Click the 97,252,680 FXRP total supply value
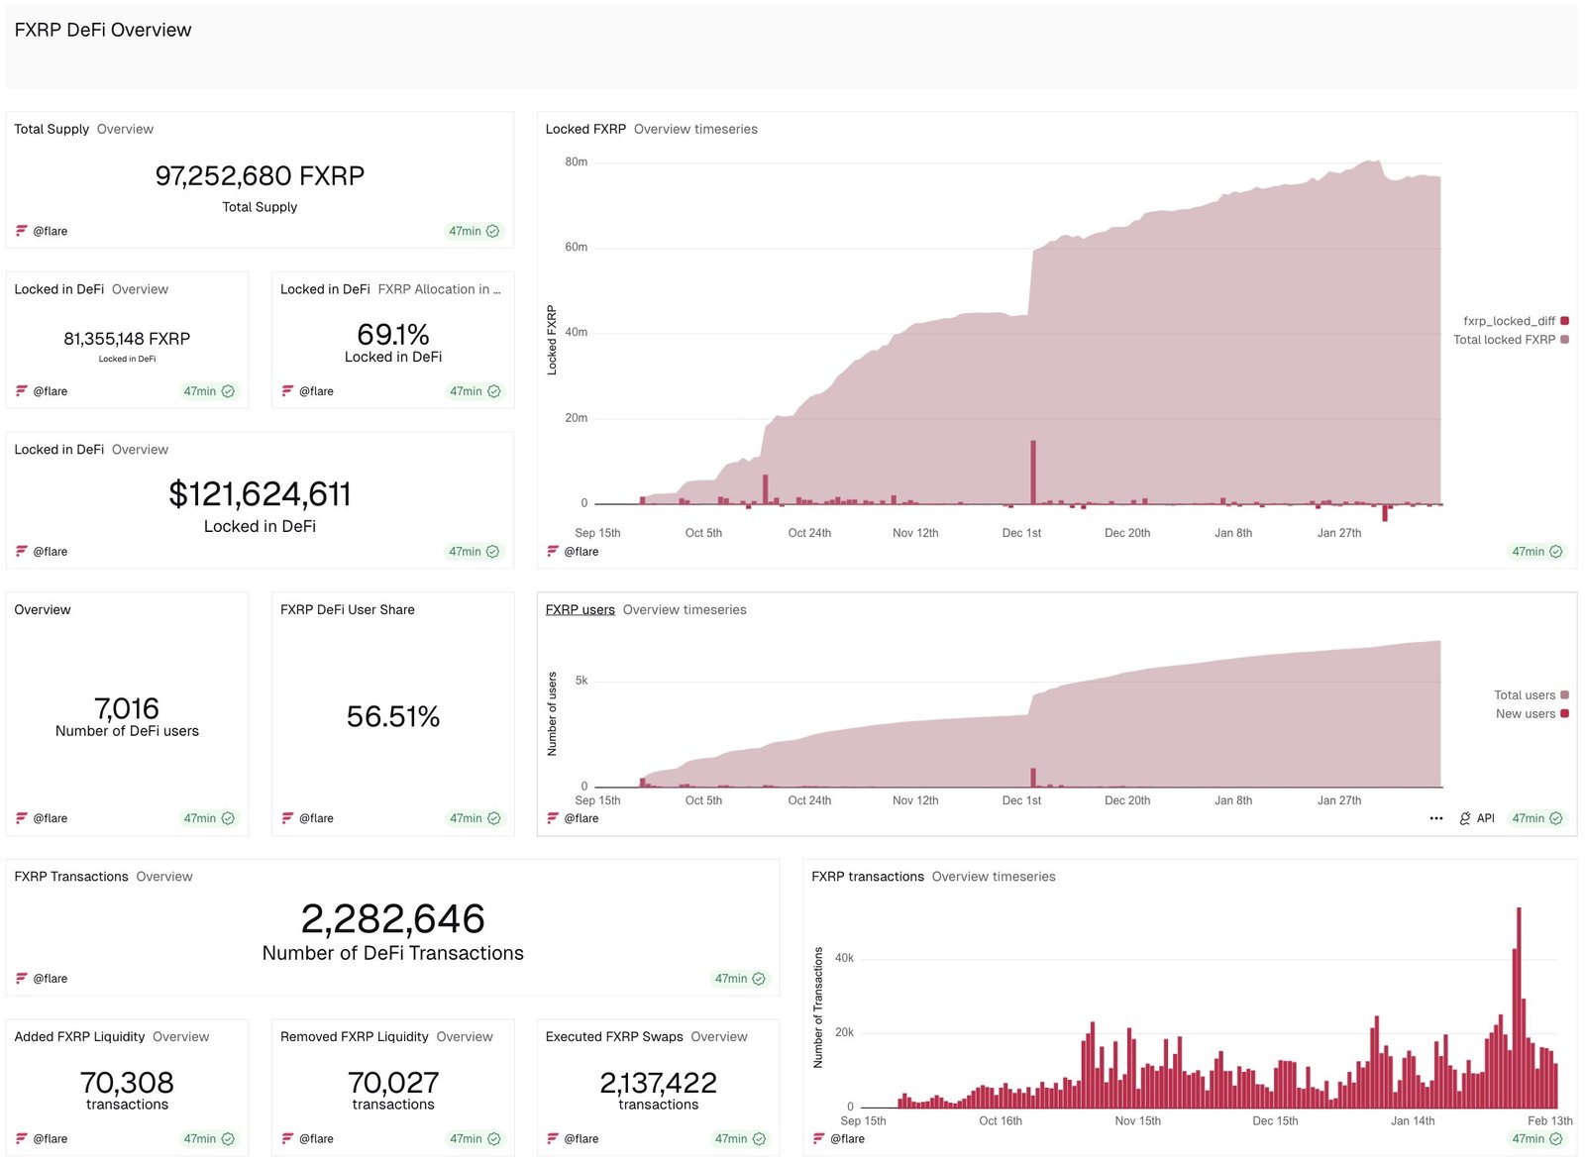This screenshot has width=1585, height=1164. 260,176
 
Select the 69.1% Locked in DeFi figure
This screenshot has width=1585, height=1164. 392,335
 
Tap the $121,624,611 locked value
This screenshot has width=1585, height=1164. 260,494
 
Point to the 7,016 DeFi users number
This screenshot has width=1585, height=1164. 127,709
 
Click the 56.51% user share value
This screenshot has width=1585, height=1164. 392,716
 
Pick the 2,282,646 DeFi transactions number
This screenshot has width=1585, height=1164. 392,919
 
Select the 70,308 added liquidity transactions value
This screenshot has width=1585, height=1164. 127,1083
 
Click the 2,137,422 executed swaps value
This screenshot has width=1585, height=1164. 658,1083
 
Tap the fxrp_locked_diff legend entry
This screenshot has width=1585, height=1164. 1510,321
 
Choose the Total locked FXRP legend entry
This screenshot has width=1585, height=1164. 1505,340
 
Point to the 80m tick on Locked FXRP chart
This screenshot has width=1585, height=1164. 576,161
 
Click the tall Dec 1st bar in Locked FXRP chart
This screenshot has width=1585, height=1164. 1032,474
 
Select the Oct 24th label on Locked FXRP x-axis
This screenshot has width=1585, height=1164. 809,533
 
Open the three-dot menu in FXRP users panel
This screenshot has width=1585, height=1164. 1436,818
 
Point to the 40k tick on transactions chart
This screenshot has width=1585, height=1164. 844,958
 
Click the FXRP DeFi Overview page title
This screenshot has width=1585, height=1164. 103,30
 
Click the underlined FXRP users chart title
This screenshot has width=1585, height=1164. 580,609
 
